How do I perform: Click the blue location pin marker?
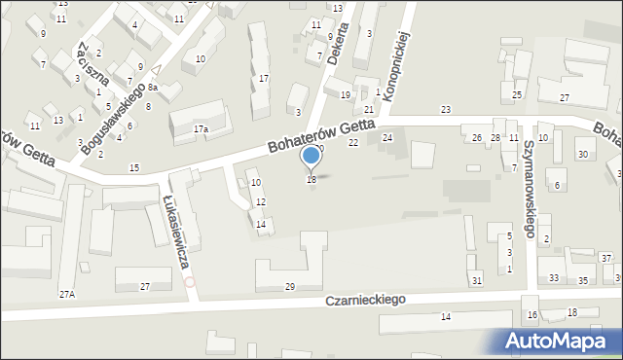(x=311, y=156)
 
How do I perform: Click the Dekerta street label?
(x=338, y=45)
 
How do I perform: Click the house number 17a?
(x=201, y=128)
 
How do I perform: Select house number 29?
(x=289, y=286)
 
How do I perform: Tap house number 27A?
(x=66, y=294)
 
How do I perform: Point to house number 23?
(x=446, y=109)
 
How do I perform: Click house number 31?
(x=476, y=281)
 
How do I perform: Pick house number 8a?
(x=153, y=88)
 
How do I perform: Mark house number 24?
(x=386, y=138)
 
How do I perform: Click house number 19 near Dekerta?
(x=345, y=95)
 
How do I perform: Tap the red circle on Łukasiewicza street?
(x=190, y=282)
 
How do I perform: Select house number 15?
(x=133, y=168)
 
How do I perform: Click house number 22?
(x=353, y=143)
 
